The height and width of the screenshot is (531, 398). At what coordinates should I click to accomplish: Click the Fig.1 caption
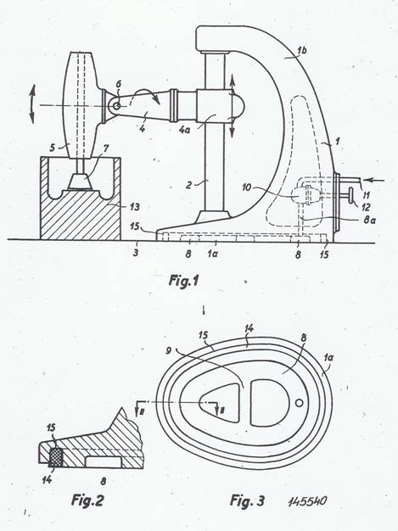[x=183, y=281]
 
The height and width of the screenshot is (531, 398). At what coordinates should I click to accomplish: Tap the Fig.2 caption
[x=87, y=500]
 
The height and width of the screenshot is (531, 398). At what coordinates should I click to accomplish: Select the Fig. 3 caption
[x=247, y=500]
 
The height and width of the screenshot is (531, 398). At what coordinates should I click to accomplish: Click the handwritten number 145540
[x=308, y=500]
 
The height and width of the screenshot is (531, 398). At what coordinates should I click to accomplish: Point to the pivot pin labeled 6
[x=117, y=106]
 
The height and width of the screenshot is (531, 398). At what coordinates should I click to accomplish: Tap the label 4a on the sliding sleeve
[x=184, y=130]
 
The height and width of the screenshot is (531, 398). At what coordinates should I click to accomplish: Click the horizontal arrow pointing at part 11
[x=375, y=180]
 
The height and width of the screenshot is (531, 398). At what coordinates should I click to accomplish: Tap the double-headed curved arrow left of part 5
[x=32, y=104]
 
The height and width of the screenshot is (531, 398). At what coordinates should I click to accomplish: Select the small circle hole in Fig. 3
[x=299, y=403]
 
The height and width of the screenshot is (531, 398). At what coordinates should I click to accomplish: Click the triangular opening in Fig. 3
[x=221, y=403]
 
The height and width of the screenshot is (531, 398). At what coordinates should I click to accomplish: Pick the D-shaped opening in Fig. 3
[x=270, y=402]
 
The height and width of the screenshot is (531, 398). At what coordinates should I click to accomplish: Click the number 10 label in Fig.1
[x=247, y=187]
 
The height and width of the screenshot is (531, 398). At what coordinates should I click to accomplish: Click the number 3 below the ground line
[x=136, y=252]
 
